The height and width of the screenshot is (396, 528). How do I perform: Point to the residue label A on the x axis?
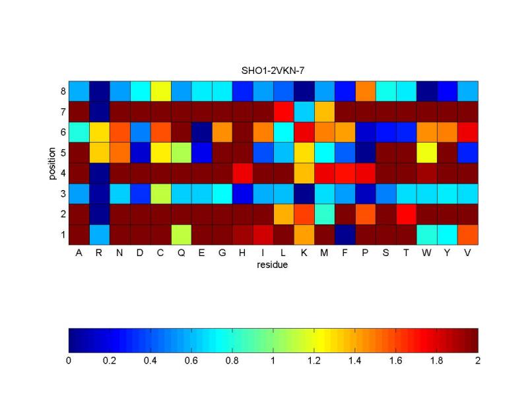click(79, 253)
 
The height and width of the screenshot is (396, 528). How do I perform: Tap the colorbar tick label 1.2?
click(314, 360)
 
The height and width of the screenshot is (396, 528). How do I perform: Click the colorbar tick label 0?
click(69, 360)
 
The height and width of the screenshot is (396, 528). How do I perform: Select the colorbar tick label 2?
click(477, 360)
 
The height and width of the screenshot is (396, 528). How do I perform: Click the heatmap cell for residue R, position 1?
click(100, 234)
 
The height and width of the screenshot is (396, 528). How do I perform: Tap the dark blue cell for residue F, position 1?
click(345, 234)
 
